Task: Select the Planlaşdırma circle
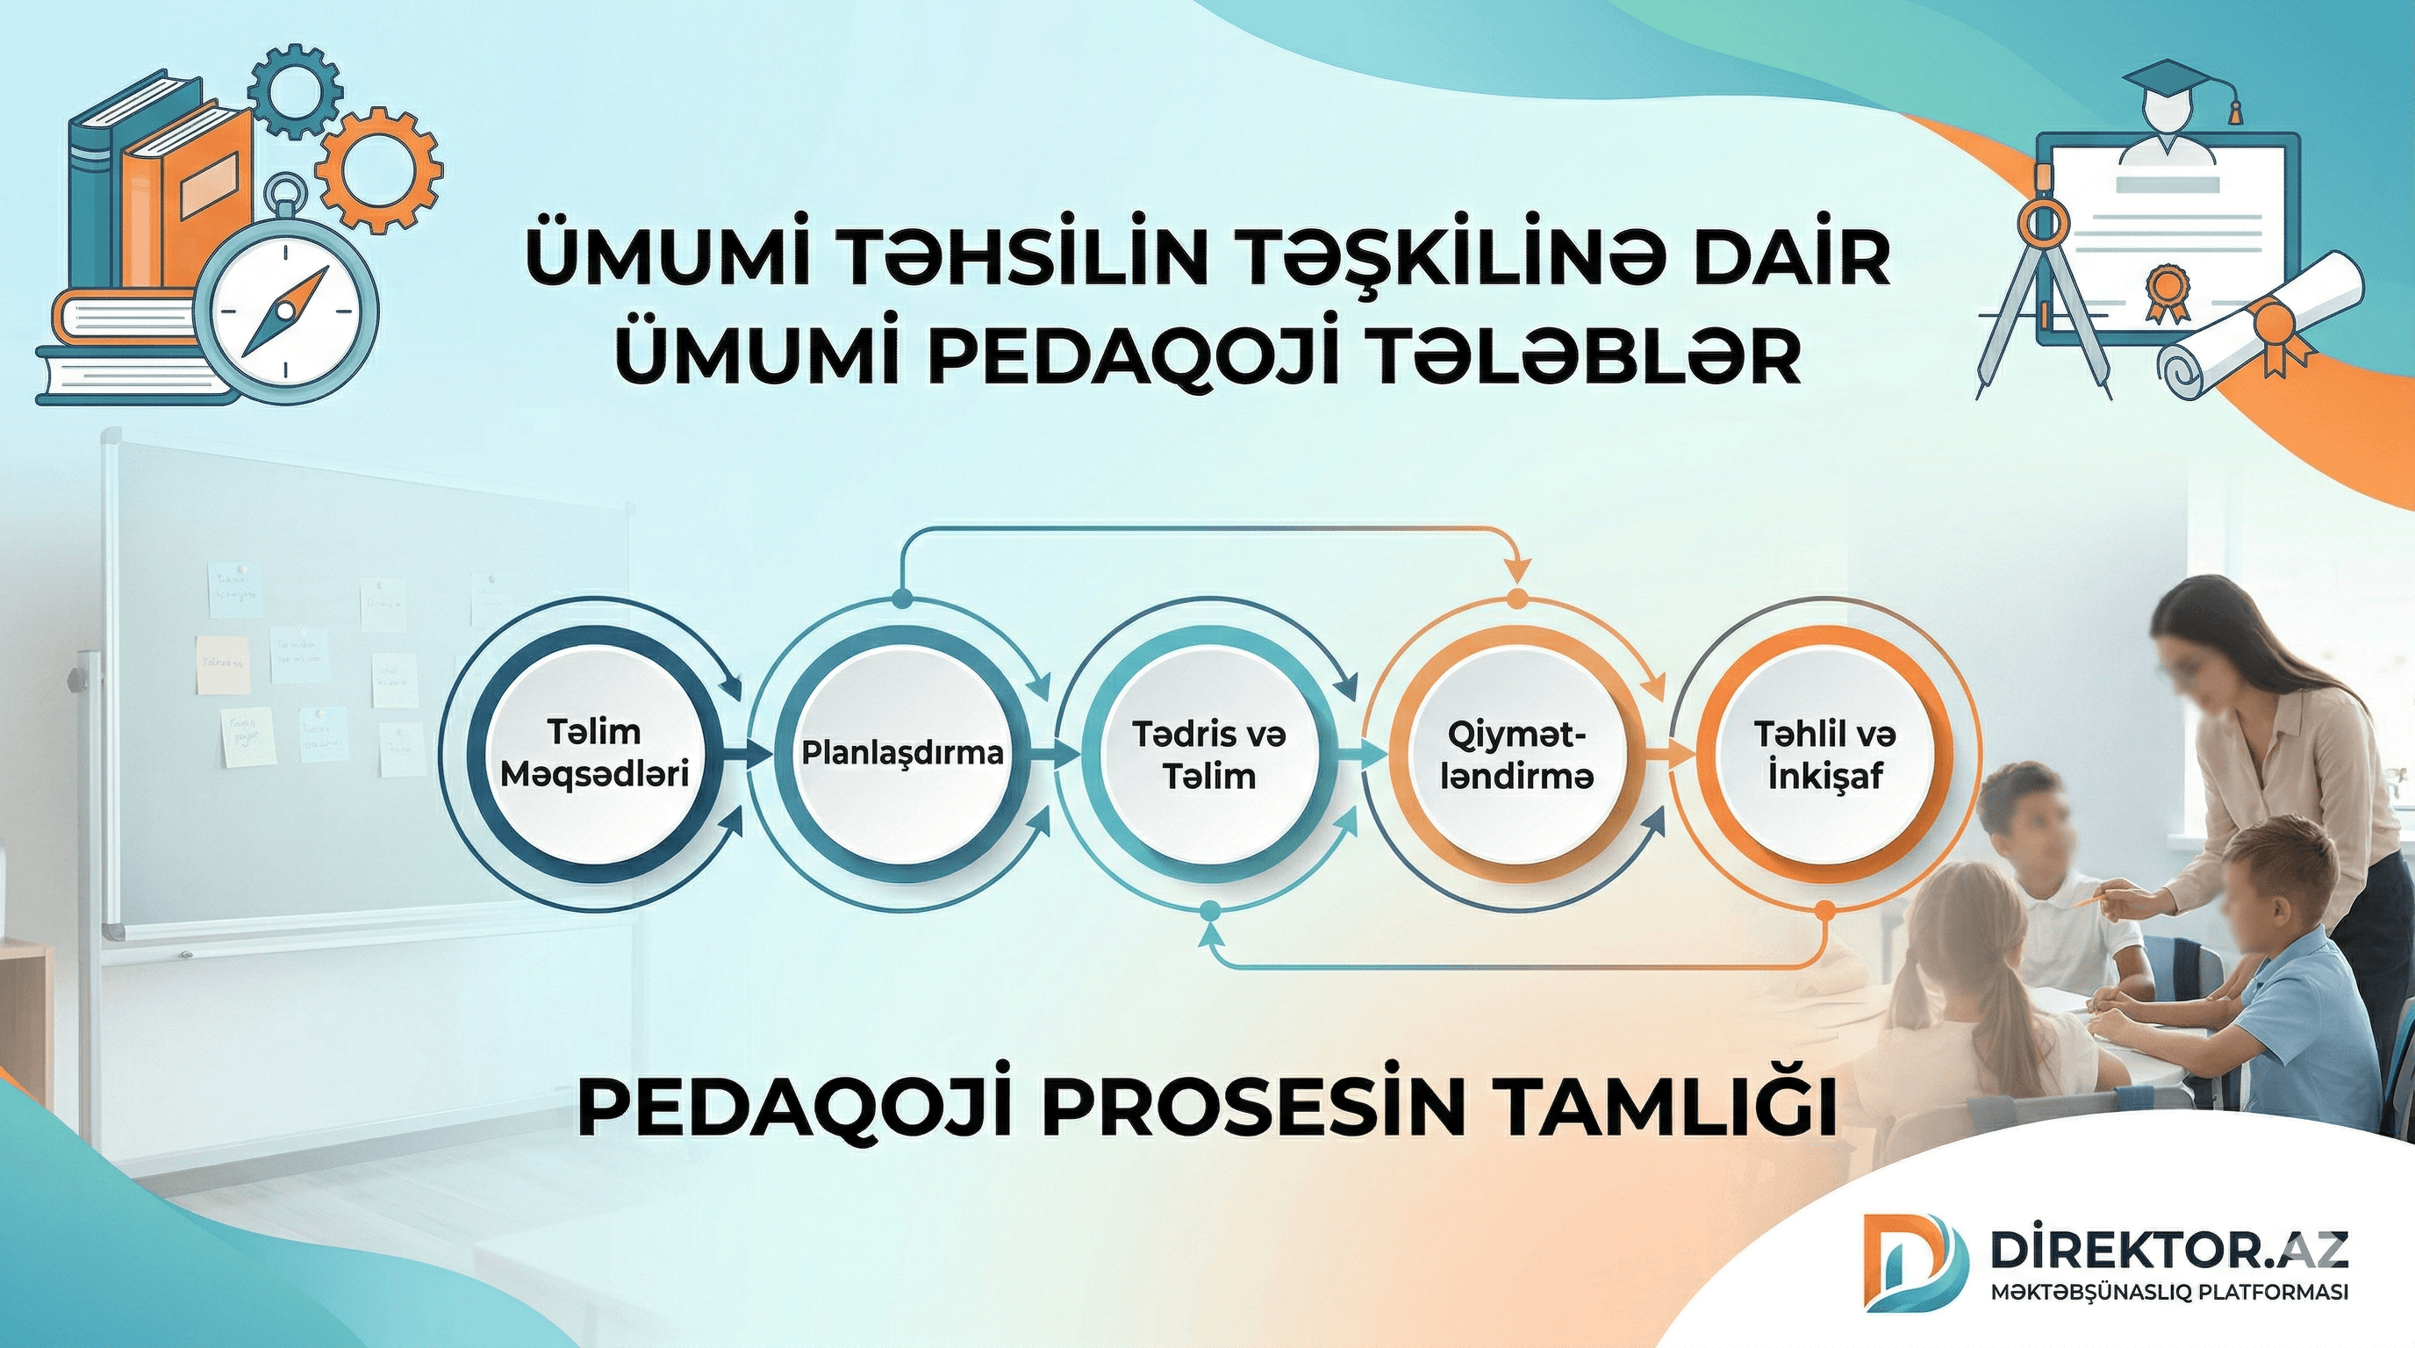pyautogui.click(x=902, y=753)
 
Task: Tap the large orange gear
pyautogui.click(x=378, y=169)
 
